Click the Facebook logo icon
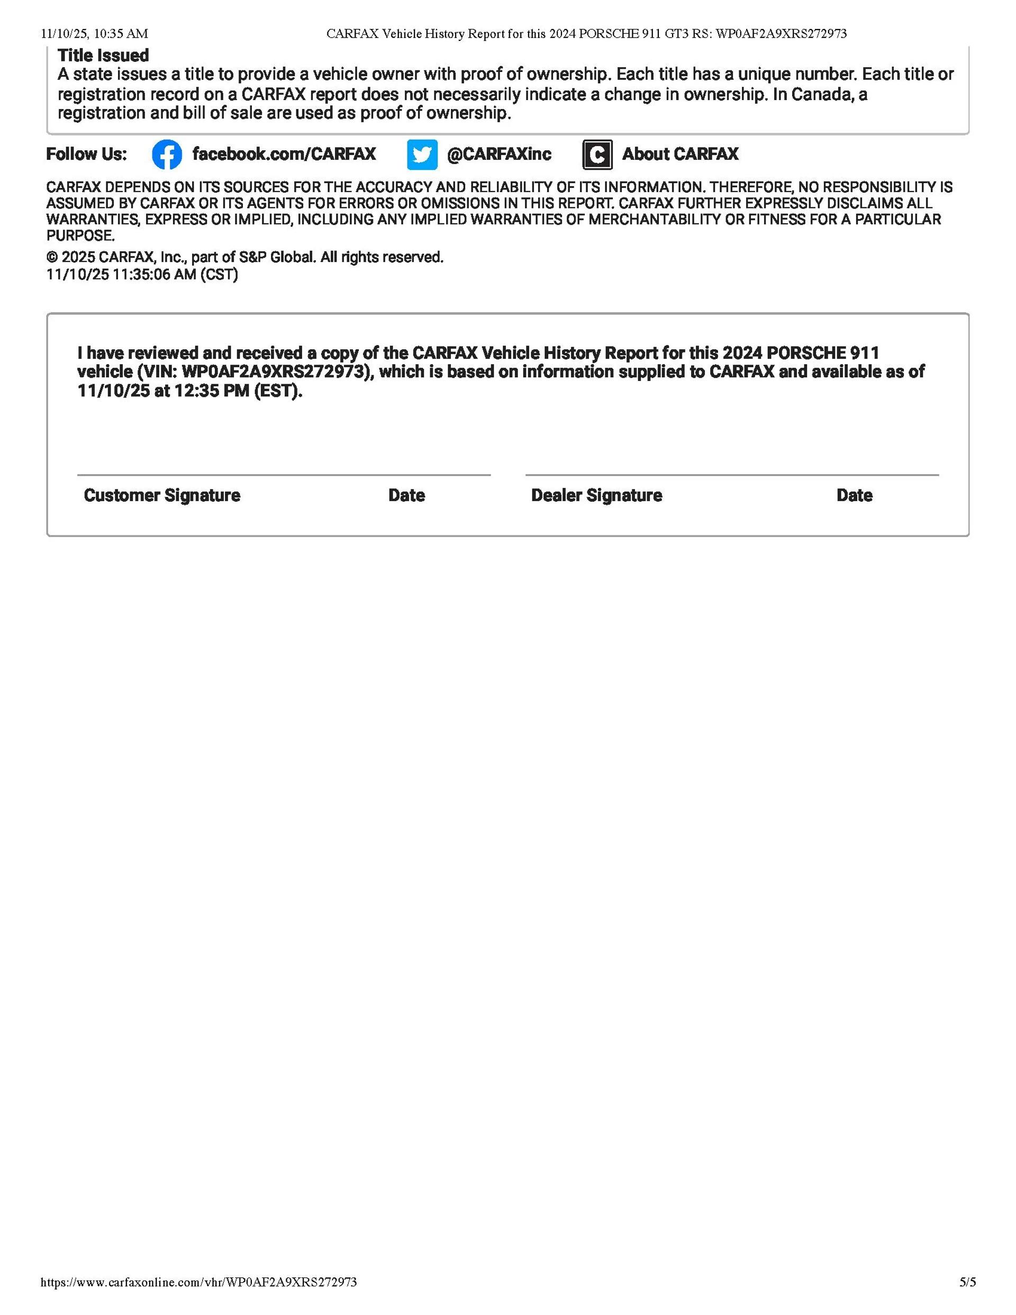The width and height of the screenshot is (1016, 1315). [167, 154]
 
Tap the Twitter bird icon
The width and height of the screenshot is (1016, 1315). [422, 154]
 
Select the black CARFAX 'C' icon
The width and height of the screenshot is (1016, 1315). [597, 154]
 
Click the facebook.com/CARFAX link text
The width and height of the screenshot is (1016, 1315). [284, 154]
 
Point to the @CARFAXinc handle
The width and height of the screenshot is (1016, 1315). [498, 154]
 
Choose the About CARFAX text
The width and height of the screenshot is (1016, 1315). [680, 154]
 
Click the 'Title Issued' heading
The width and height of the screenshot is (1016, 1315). [103, 56]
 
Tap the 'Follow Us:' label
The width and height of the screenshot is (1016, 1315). [87, 154]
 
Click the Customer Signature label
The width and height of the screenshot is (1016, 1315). [161, 495]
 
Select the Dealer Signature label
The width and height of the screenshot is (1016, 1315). [596, 495]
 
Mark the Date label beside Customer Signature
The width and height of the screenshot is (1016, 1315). [406, 495]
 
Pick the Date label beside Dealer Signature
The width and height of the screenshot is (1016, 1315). [854, 495]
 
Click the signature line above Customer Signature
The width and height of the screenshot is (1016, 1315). [284, 475]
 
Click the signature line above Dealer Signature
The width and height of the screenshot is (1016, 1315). [732, 475]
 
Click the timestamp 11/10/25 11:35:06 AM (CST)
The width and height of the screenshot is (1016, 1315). [142, 275]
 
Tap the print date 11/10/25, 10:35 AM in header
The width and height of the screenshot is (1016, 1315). [95, 34]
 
